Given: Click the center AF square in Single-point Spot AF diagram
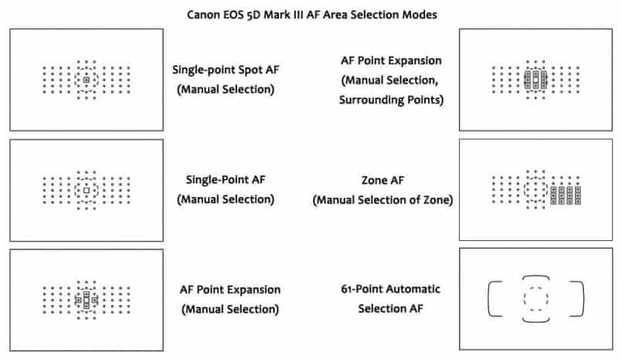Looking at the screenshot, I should [x=87, y=80].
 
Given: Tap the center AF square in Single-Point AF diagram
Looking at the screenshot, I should [x=87, y=189].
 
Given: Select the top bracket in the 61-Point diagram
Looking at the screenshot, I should [x=535, y=277].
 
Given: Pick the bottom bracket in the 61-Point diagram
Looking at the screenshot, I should [x=535, y=319].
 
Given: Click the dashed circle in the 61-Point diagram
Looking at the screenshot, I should [x=535, y=298].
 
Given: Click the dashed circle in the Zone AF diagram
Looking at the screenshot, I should [x=535, y=189].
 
